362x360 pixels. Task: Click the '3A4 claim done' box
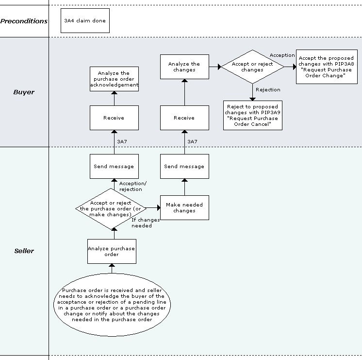[x=85, y=21]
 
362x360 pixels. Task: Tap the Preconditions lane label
[x=24, y=21]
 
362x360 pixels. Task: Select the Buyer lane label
[x=24, y=91]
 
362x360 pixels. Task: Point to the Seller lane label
[x=24, y=251]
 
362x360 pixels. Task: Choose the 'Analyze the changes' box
[x=184, y=67]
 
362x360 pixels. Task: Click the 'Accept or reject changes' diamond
[x=252, y=67]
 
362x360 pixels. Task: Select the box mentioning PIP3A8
[x=325, y=67]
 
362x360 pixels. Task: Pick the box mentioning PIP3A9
[x=252, y=115]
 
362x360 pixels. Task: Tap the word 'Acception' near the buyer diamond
[x=282, y=55]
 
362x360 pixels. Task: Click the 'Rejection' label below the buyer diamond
[x=268, y=90]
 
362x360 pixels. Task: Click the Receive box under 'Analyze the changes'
[x=184, y=118]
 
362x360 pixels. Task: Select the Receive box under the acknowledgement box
[x=114, y=118]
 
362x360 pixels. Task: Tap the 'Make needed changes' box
[x=184, y=207]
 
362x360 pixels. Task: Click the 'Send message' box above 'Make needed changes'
[x=184, y=166]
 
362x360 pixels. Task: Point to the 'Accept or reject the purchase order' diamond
[x=112, y=208]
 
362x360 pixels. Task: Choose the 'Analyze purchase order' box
[x=112, y=251]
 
